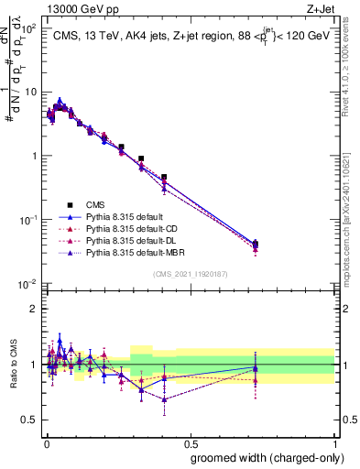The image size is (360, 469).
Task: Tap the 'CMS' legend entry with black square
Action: (95, 205)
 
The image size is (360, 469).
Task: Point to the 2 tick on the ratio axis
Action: (34, 308)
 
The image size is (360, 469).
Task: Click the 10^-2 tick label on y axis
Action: (27, 284)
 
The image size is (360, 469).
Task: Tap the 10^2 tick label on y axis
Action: (27, 28)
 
